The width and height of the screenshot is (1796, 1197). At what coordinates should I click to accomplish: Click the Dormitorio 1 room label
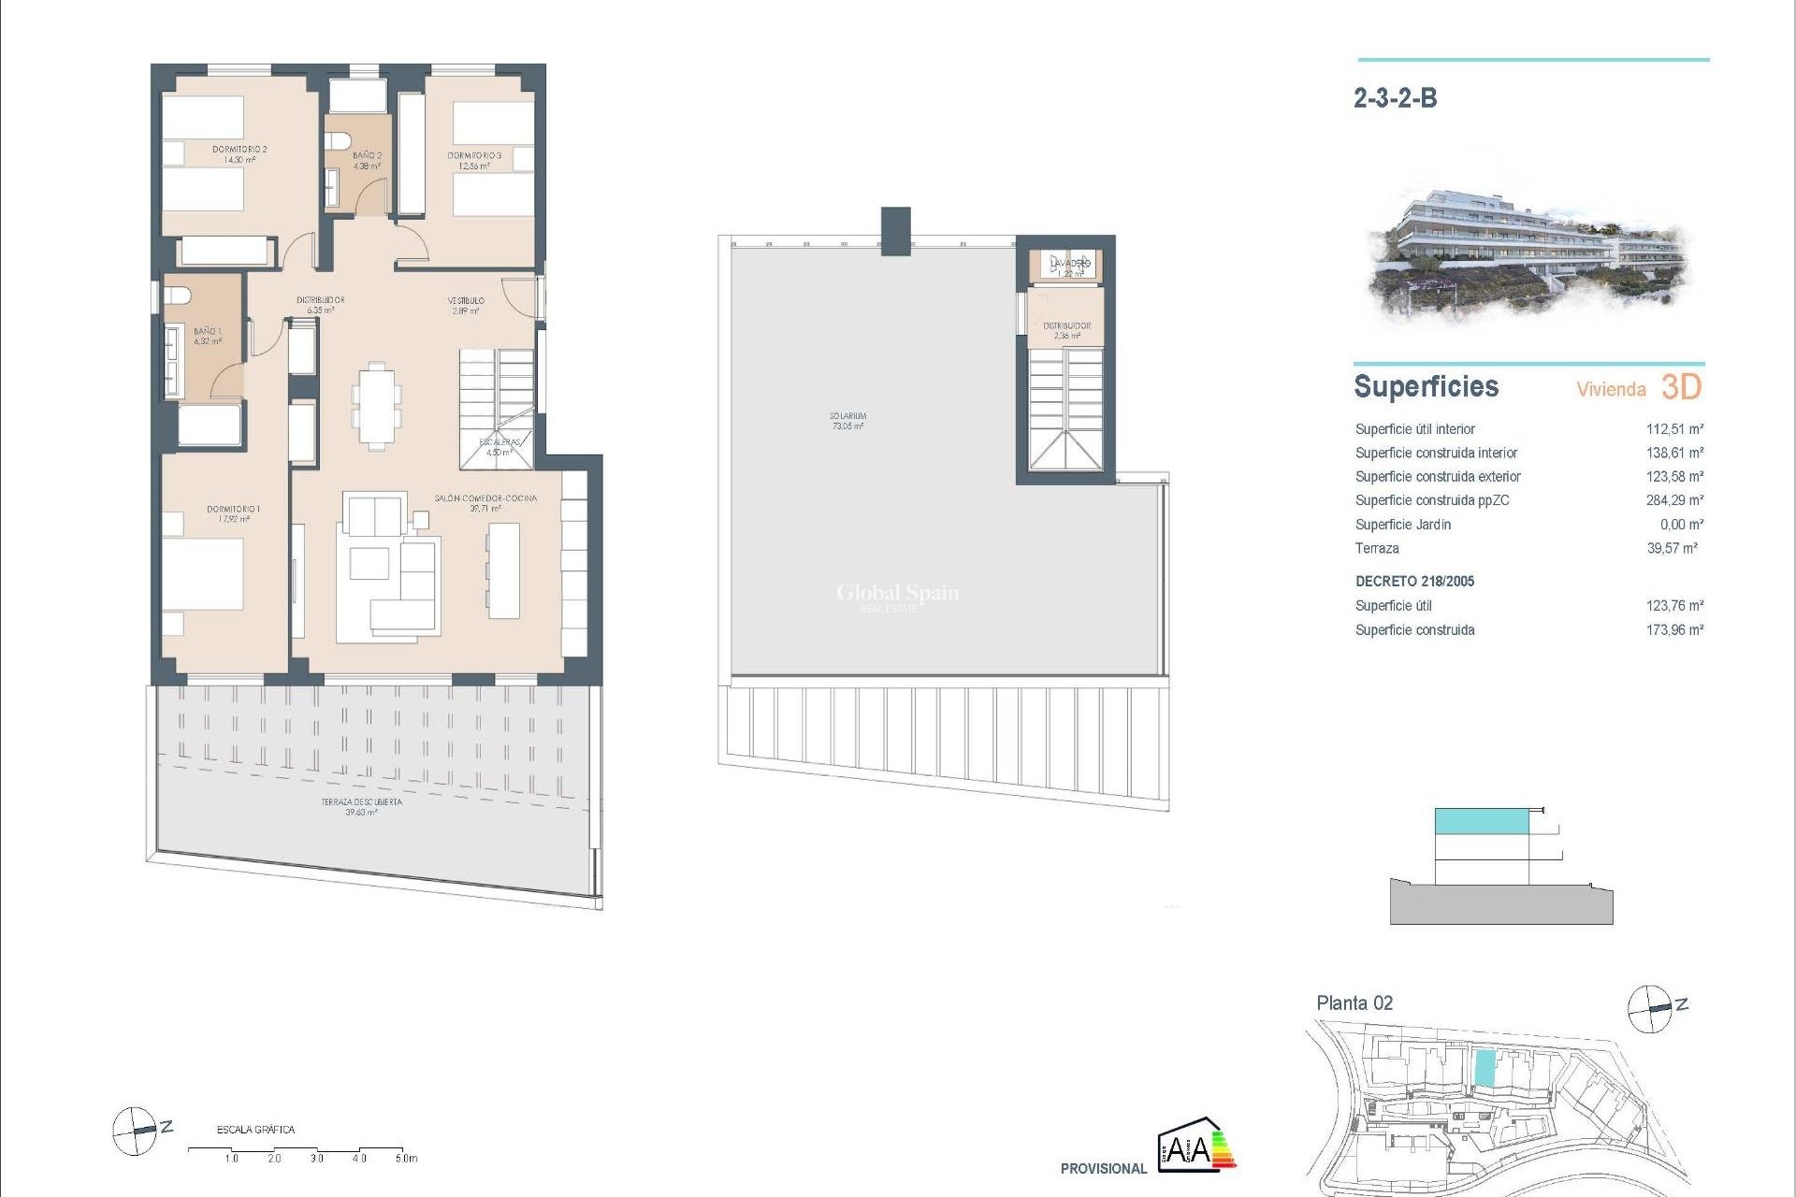pos(233,513)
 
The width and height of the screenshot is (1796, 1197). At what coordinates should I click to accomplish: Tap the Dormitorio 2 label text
pos(239,153)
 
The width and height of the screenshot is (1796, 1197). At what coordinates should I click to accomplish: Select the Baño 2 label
pos(367,160)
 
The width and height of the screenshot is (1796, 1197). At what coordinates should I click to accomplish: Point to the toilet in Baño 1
pos(177,296)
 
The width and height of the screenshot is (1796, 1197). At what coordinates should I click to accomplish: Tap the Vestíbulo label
pos(465,305)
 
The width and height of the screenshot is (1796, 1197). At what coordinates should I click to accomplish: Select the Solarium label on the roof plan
pos(847,420)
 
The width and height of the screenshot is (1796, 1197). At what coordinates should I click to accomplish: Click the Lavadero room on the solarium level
pos(1069,267)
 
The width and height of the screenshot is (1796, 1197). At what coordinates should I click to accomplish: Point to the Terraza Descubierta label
pos(361,806)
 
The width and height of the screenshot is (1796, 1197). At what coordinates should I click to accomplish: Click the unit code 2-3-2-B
pos(1395,98)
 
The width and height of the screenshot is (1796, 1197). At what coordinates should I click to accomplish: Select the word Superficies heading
pos(1426,386)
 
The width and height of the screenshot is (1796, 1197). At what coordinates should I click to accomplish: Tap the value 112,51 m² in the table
pos(1673,429)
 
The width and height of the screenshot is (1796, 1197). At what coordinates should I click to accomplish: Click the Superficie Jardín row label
pos(1402,525)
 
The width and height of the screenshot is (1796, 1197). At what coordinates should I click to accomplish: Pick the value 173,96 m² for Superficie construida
pos(1673,630)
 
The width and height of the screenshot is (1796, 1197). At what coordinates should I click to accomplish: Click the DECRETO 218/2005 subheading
pos(1414,582)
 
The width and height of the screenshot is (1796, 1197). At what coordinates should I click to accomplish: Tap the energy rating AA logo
pos(1195,1145)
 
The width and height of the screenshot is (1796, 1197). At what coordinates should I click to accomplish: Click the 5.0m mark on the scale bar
pos(405,1158)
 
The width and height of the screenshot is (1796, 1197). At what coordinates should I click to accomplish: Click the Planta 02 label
pos(1354,1003)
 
